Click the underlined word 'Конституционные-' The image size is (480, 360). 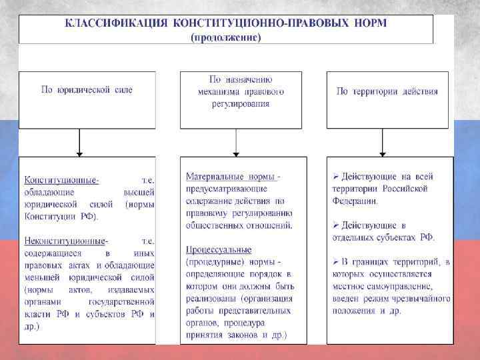pyautogui.click(x=62, y=181)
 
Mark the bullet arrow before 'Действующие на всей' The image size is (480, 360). pyautogui.click(x=336, y=177)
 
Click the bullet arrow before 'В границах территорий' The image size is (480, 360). pyautogui.click(x=336, y=262)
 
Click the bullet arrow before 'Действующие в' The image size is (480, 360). pyautogui.click(x=336, y=225)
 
